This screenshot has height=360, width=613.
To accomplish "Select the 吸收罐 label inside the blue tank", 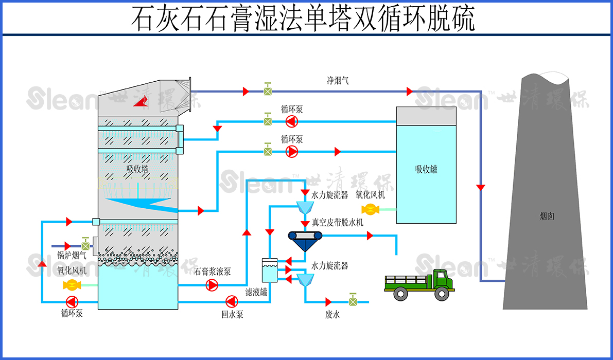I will coord(426,169).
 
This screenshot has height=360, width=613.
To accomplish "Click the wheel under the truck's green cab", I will coord(442,294).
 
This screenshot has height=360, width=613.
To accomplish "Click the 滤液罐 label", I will coord(256,292).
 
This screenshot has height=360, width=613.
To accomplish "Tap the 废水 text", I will coord(332,315).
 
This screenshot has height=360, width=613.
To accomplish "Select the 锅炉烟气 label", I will coord(72,254).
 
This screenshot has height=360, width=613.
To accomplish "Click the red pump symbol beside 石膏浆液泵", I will coord(212,285).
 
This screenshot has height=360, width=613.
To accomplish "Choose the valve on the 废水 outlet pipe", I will coord(353,301).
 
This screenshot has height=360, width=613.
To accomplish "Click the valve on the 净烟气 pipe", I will coord(268,91).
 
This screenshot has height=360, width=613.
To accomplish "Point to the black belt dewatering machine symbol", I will coord(305,236).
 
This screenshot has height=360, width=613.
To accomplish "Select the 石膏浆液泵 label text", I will coord(213,271).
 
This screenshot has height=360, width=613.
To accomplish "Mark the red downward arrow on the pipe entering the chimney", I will coord(481,188).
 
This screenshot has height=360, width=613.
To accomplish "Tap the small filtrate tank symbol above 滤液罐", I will coord(269,269).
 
